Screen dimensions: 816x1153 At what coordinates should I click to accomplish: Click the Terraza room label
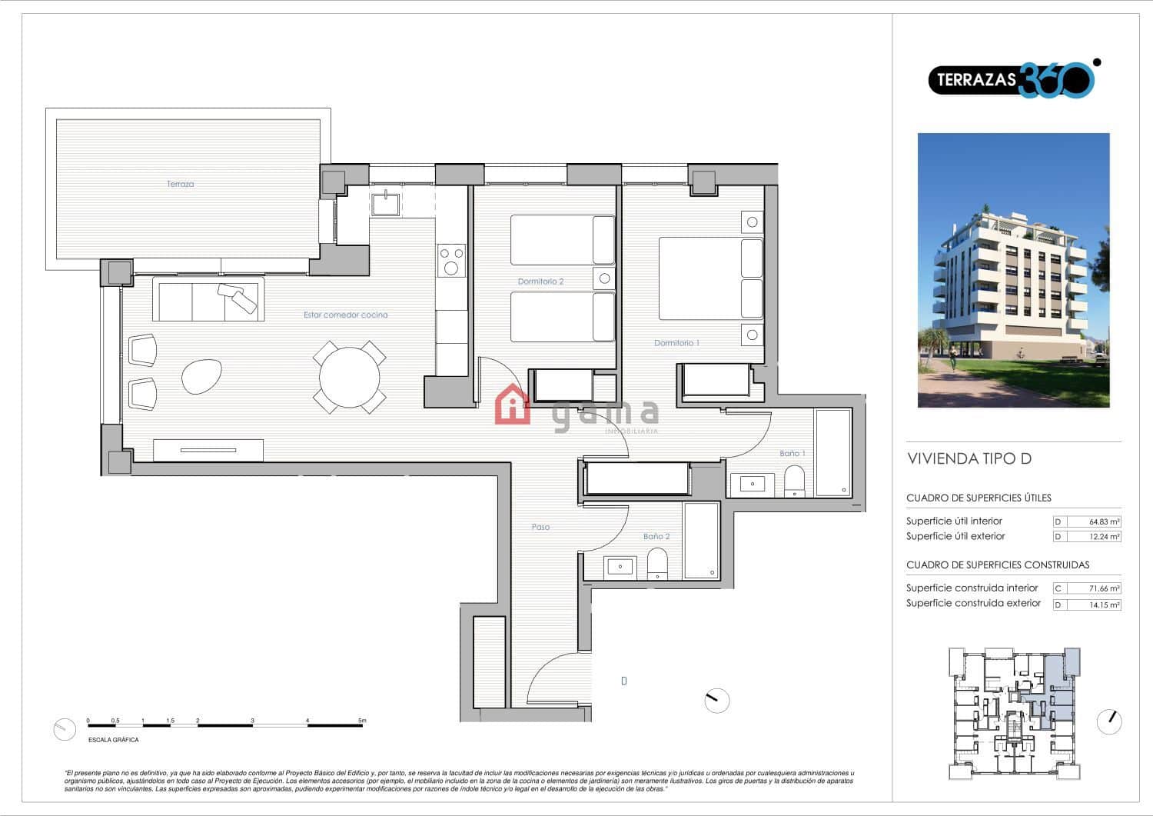click(180, 184)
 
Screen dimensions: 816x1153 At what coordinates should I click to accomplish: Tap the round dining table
click(349, 377)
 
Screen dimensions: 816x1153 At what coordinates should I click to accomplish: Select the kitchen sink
click(384, 204)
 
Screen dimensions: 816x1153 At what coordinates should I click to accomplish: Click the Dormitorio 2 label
click(540, 281)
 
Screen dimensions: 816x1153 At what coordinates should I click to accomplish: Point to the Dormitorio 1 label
click(676, 343)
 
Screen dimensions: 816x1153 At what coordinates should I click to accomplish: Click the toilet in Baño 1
click(794, 481)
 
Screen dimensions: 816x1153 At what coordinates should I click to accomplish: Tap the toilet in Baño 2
click(657, 564)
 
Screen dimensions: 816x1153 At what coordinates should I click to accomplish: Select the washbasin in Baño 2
click(620, 567)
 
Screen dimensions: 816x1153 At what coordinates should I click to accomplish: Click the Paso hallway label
click(540, 527)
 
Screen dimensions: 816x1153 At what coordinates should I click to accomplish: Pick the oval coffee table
click(202, 377)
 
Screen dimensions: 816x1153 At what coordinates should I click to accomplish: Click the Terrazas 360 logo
click(1013, 79)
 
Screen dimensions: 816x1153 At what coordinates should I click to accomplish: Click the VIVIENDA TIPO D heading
click(969, 459)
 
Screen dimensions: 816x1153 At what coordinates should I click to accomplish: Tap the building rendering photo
click(1013, 270)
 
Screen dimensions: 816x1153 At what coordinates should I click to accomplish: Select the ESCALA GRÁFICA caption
click(114, 740)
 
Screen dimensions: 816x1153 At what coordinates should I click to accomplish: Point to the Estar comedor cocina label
click(345, 315)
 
